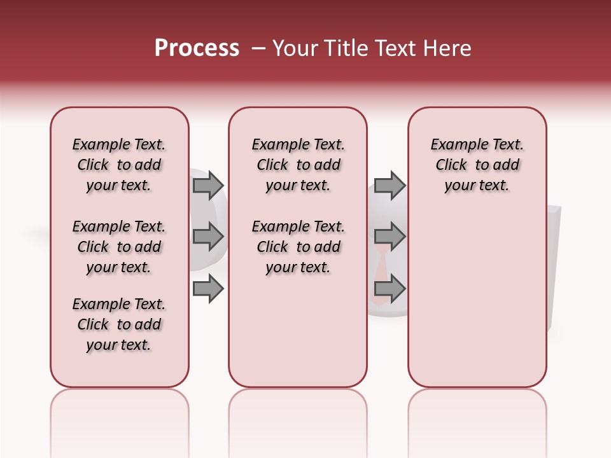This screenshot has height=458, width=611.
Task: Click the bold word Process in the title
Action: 197,48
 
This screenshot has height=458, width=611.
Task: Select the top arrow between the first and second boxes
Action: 208,185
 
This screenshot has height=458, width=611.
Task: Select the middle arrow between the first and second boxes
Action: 208,237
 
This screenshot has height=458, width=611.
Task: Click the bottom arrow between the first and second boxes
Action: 208,289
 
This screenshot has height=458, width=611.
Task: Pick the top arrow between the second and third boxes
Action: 390,185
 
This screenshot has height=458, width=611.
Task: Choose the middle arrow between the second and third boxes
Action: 390,237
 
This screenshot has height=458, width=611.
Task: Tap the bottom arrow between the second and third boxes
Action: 390,289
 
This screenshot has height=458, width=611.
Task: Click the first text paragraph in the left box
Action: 119,165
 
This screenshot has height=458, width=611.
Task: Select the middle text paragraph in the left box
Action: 119,247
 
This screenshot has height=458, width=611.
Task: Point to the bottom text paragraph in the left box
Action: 119,324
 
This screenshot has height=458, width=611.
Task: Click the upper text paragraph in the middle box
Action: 298,165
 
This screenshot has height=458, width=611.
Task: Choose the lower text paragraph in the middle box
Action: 298,247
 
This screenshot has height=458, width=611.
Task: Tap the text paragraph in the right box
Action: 477,165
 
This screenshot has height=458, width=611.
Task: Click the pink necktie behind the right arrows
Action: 380,267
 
